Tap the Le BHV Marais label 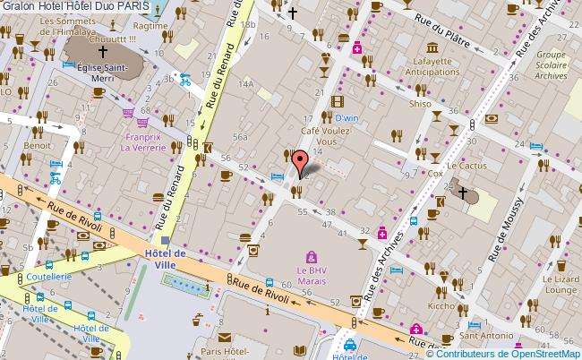click(x=312, y=274)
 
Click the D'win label click(x=346, y=117)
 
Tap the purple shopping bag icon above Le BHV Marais click(x=312, y=256)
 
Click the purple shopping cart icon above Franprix click(x=129, y=114)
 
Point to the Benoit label click(x=37, y=144)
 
